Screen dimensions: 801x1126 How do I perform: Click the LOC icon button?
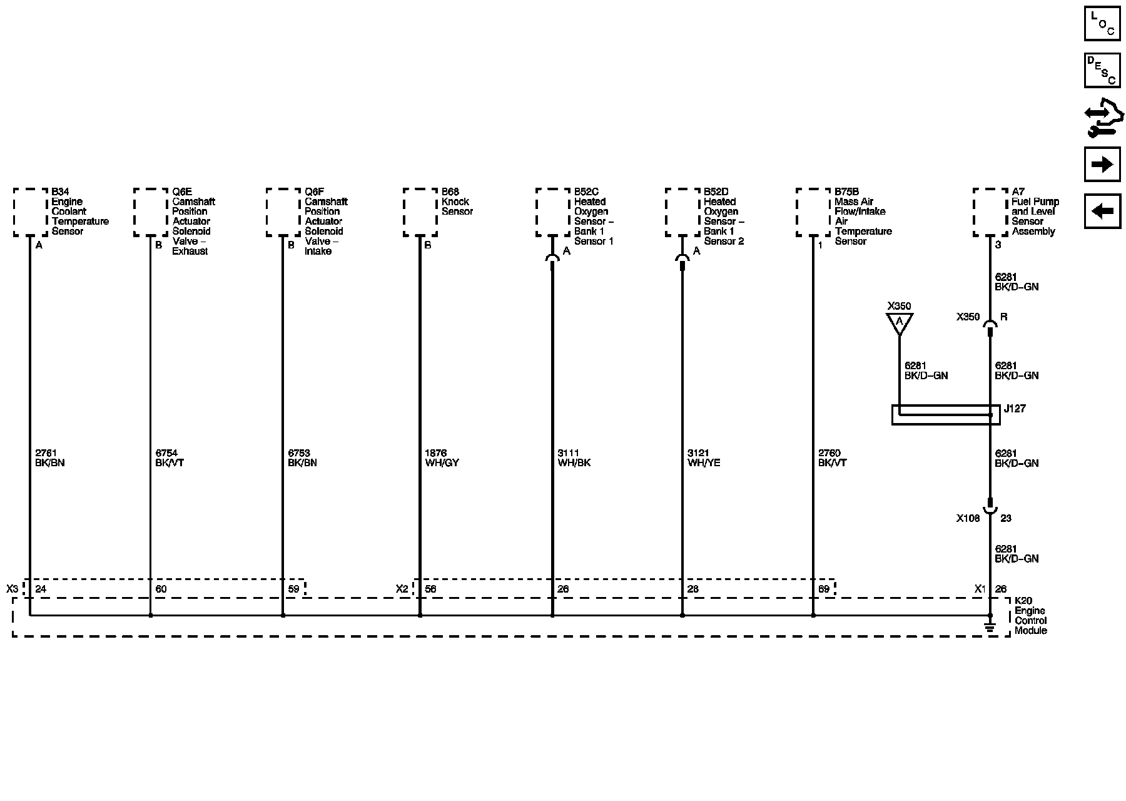click(x=1102, y=24)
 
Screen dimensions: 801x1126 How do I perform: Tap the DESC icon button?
click(x=1102, y=70)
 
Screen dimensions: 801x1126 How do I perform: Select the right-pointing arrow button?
click(x=1102, y=165)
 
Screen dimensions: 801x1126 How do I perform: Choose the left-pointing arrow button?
click(x=1102, y=211)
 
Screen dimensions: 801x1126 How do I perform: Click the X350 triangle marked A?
click(x=900, y=323)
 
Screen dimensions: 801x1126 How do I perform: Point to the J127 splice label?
click(x=1015, y=409)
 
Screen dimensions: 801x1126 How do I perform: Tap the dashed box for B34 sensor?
click(x=31, y=212)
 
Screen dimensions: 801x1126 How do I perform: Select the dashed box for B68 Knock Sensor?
click(x=420, y=212)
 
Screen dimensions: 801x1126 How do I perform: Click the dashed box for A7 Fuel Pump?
click(x=990, y=212)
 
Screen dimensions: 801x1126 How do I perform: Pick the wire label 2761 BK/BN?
click(x=50, y=458)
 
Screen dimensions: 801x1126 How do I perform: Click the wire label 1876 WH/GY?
click(x=442, y=458)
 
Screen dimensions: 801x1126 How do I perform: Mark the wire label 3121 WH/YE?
click(x=704, y=458)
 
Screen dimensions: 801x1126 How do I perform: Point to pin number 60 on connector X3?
click(x=161, y=589)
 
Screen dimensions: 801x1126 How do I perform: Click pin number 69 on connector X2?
click(x=824, y=589)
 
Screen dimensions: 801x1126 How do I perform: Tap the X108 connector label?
click(x=968, y=518)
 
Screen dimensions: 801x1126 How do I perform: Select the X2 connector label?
click(x=402, y=589)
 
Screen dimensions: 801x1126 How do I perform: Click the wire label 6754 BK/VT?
click(x=170, y=458)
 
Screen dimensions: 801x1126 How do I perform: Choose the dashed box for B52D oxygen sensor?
click(x=682, y=212)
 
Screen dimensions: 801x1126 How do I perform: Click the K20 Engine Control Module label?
click(x=1030, y=616)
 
